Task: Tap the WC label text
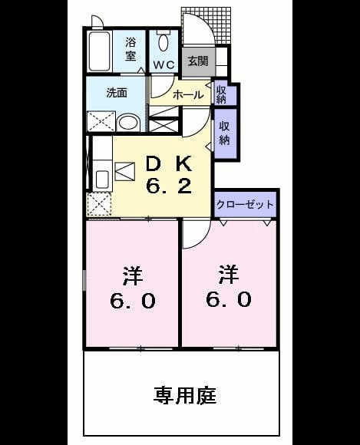pyautogui.click(x=163, y=65)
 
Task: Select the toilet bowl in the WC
pyautogui.click(x=163, y=42)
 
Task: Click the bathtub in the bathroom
pyautogui.click(x=99, y=51)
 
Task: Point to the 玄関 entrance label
pyautogui.click(x=198, y=61)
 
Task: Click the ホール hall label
pyautogui.click(x=188, y=95)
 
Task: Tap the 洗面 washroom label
pyautogui.click(x=117, y=93)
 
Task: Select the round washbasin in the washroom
pyautogui.click(x=128, y=123)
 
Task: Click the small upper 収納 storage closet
pyautogui.click(x=225, y=94)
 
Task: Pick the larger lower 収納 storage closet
pyautogui.click(x=226, y=133)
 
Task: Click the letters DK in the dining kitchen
pyautogui.click(x=169, y=163)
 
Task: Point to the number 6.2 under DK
pyautogui.click(x=169, y=186)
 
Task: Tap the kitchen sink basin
pyautogui.click(x=102, y=180)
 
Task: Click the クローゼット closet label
pyautogui.click(x=245, y=204)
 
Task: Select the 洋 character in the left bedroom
pyautogui.click(x=133, y=275)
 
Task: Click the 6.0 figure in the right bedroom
pyautogui.click(x=229, y=300)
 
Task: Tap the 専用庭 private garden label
pyautogui.click(x=185, y=396)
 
